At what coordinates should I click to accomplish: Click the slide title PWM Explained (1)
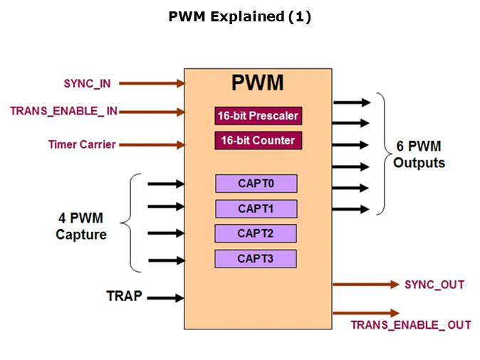tap(239, 17)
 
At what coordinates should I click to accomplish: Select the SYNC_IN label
tap(87, 83)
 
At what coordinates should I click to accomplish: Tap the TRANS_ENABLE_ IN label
tap(64, 111)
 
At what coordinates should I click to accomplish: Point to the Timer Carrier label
tap(82, 144)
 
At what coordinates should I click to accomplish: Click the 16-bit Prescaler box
tap(258, 115)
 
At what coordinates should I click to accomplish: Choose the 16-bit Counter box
tap(258, 140)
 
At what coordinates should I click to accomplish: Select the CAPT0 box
tap(256, 184)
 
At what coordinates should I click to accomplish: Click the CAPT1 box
tap(256, 208)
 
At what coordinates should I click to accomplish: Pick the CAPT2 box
tap(256, 233)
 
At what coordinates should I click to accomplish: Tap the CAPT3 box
tap(256, 258)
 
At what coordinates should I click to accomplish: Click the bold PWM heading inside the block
tap(258, 83)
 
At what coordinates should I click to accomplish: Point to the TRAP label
tap(124, 297)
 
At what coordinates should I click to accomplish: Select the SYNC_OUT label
tap(434, 285)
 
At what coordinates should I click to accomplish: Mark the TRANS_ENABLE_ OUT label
tap(411, 325)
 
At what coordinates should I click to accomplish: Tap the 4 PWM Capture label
tap(81, 226)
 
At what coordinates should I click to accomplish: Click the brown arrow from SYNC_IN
tap(152, 83)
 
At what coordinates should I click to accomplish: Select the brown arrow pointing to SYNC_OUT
tap(366, 285)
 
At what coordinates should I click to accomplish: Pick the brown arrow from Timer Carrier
tap(152, 145)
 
